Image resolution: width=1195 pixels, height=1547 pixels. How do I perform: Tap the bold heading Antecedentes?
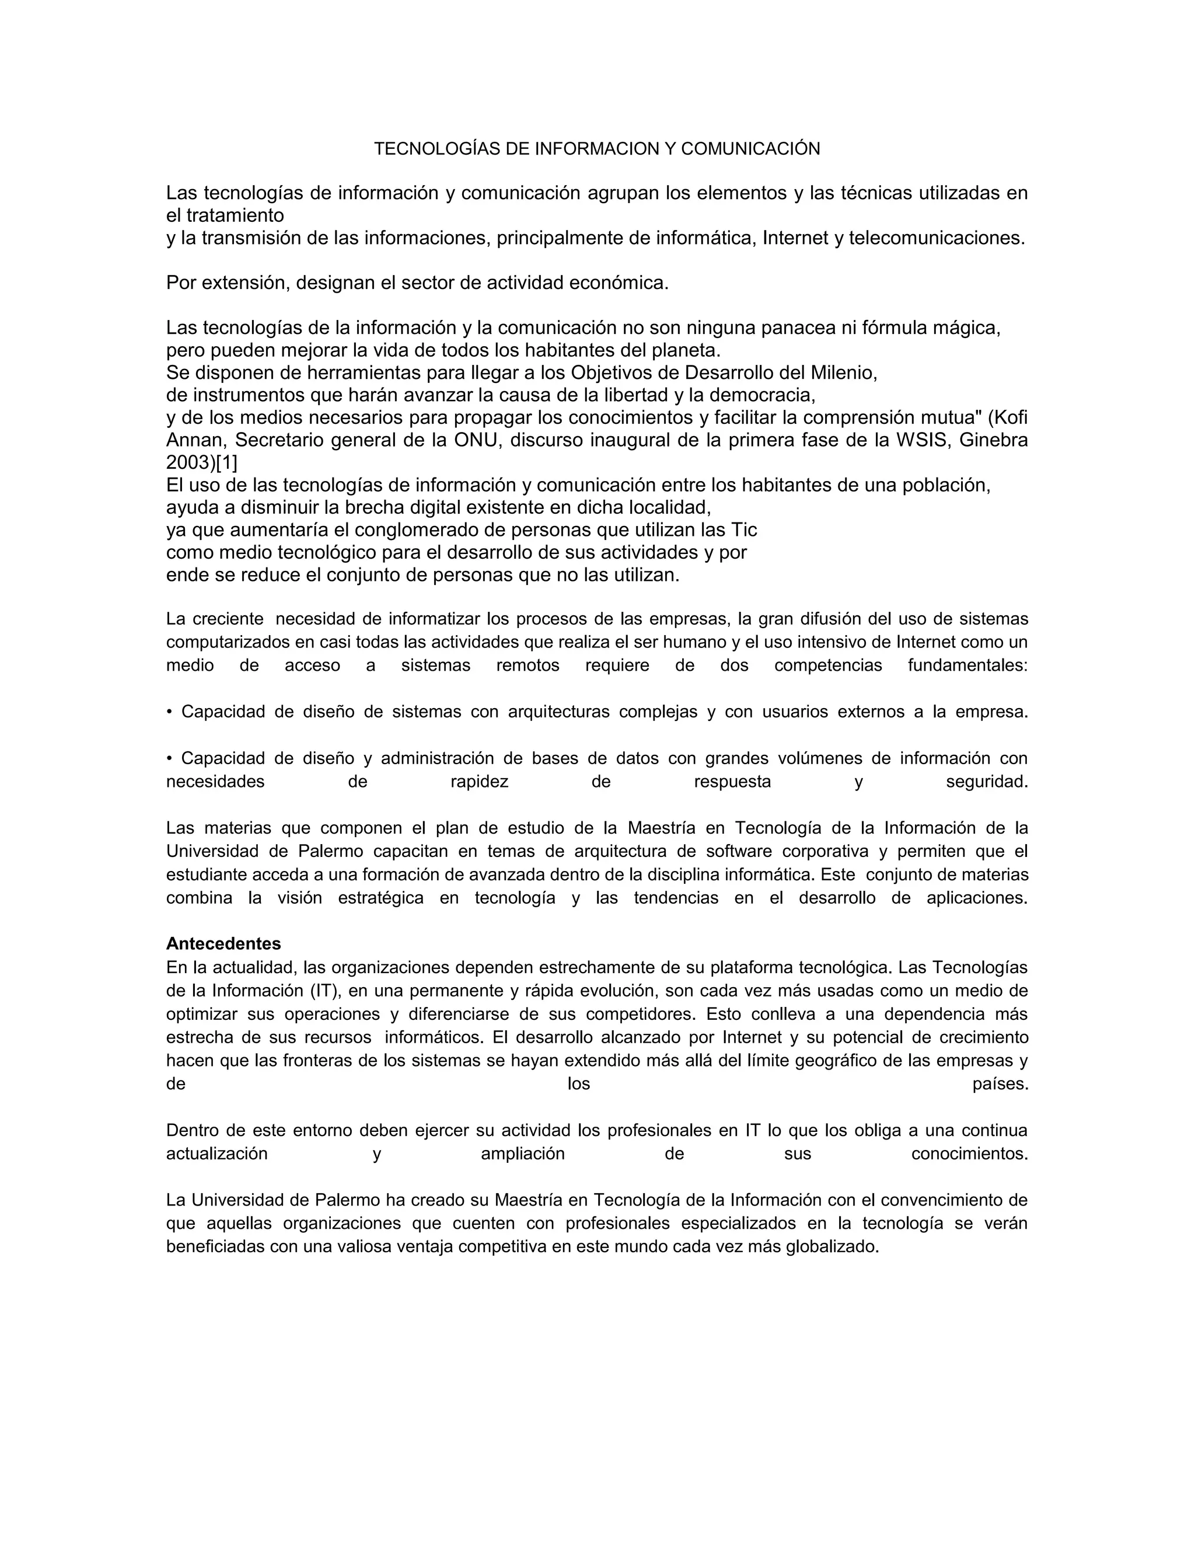[223, 943]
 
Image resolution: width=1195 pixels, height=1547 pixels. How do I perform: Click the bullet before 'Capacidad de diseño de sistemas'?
[169, 712]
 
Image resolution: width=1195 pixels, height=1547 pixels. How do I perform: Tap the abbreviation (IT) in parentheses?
[324, 990]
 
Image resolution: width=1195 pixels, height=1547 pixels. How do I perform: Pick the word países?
[1000, 1083]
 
